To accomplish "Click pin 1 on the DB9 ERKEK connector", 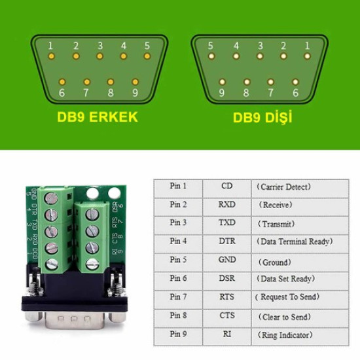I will [52, 56].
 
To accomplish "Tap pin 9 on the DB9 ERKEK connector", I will [135, 82].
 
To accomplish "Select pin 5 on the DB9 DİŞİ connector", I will [211, 56].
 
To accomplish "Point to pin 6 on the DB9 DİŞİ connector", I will [296, 82].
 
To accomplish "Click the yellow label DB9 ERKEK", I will [97, 118].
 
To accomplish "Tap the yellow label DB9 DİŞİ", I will [262, 118].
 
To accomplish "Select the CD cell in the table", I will [226, 186].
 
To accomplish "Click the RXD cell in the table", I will [226, 204].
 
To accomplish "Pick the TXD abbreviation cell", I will [226, 223].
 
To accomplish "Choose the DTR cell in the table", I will [226, 242].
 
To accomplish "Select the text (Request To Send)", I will [287, 297].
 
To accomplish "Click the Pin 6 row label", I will [179, 278].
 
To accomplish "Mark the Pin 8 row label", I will [179, 316].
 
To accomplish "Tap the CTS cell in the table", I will [226, 316].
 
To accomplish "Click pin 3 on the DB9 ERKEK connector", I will [100, 56].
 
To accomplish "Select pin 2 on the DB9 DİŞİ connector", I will [283, 56].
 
